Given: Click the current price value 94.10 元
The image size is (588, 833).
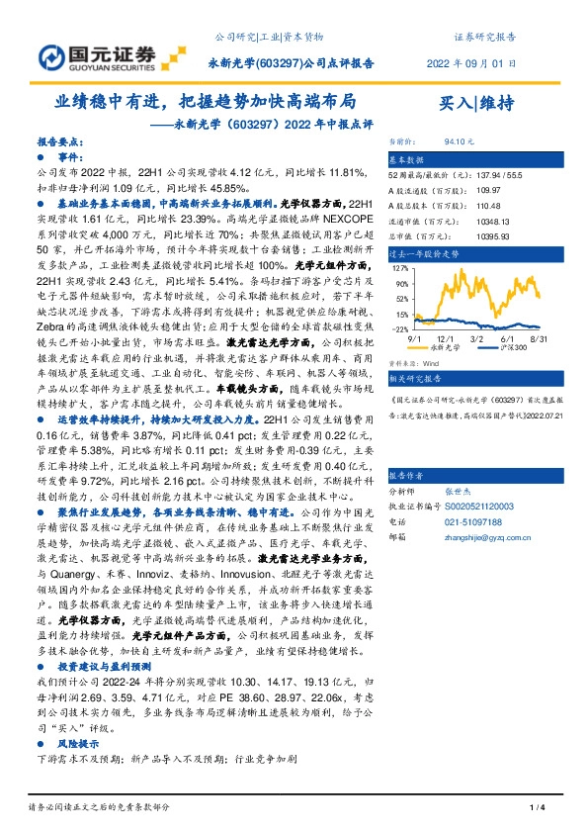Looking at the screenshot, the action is (462, 142).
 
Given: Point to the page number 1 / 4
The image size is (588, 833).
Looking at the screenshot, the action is (539, 809).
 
